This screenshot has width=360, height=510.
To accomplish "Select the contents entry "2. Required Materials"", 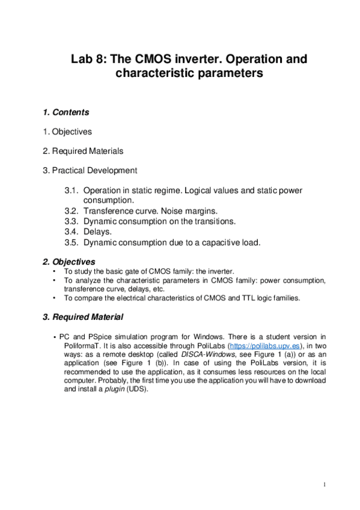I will click(83, 150).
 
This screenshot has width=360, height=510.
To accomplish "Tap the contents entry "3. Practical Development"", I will click(90, 170).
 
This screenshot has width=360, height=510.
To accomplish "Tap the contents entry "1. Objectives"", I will click(67, 131).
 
